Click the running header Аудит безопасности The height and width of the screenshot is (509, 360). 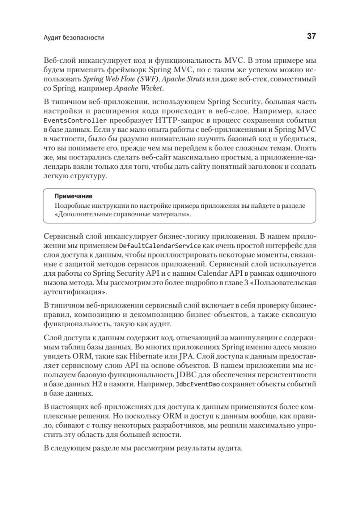[74, 38]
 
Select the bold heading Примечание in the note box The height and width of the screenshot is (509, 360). [73, 196]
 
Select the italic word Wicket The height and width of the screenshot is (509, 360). [152, 88]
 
